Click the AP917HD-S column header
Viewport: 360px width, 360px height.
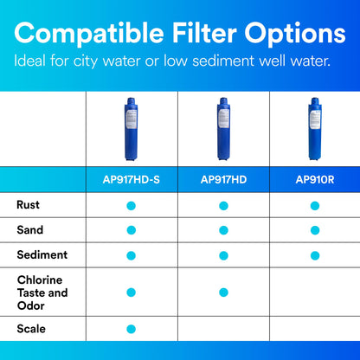[132, 179]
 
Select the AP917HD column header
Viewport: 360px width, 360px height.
[223, 179]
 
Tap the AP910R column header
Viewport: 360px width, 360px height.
[314, 179]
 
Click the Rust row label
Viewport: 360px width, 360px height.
[27, 205]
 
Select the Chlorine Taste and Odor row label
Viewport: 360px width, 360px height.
[41, 292]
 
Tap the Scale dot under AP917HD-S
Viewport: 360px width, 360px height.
[132, 329]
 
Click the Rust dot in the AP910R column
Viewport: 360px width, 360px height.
[314, 205]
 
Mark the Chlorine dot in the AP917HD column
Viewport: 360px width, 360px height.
[223, 292]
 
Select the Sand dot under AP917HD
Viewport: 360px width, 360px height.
[223, 229]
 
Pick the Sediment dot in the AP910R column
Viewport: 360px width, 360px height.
[314, 254]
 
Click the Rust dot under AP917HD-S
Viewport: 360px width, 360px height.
[132, 205]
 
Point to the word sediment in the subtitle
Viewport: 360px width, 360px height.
[223, 61]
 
